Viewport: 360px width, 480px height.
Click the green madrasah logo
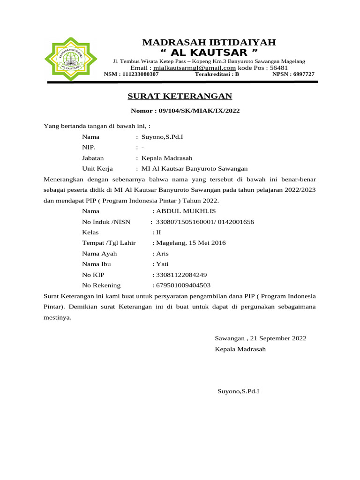click(x=71, y=59)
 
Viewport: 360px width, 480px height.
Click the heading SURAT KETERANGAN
click(x=180, y=97)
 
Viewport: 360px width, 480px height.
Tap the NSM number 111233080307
click(x=142, y=74)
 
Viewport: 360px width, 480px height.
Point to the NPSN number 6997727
click(x=303, y=74)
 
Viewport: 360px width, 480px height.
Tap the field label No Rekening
click(x=101, y=285)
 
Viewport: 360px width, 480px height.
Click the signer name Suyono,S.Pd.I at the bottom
click(x=238, y=390)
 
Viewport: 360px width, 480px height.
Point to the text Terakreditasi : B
click(x=217, y=74)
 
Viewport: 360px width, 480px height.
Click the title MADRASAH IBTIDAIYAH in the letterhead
click(x=209, y=43)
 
